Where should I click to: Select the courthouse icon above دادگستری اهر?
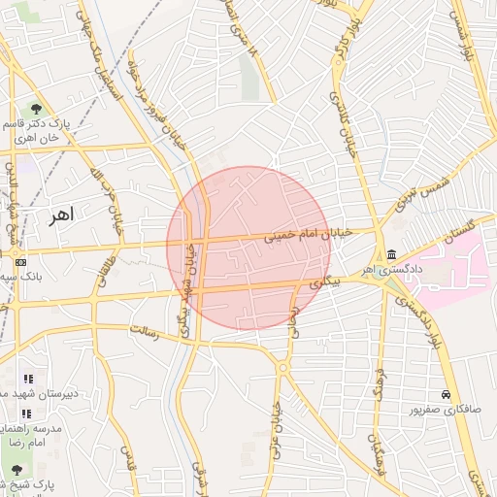pyautogui.click(x=390, y=254)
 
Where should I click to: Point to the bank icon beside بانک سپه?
pyautogui.click(x=20, y=261)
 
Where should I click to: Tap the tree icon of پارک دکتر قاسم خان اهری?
pyautogui.click(x=36, y=108)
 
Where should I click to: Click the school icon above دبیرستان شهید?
pyautogui.click(x=28, y=379)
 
